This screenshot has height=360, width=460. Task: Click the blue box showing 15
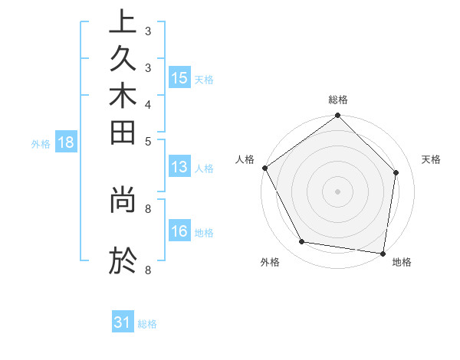point(179,77)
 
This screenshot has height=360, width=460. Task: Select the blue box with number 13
point(179,168)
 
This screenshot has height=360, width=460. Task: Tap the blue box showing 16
point(179,231)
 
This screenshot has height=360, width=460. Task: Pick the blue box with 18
point(66,142)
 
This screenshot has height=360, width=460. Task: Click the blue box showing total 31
point(123,322)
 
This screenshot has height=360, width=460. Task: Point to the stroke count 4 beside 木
point(147,104)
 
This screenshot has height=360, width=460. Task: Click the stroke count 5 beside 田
point(147,141)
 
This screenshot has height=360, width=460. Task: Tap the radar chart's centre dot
point(337,191)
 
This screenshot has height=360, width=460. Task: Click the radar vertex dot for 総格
point(337,116)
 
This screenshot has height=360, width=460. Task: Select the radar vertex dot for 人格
point(265,168)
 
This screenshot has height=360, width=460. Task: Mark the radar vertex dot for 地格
point(383,253)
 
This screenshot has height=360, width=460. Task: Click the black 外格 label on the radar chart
point(270,263)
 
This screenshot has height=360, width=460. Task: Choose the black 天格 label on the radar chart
point(431,159)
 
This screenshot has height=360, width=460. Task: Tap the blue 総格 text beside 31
point(147,324)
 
